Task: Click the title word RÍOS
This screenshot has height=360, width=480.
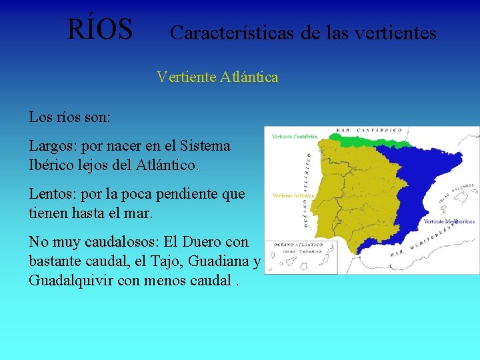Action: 100,29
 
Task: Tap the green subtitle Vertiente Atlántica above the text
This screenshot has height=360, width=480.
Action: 217,77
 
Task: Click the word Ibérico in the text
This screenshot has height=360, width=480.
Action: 51,163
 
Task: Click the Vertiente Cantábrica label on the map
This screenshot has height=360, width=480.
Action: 294,137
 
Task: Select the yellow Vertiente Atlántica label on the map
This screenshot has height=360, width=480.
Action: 293,195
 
